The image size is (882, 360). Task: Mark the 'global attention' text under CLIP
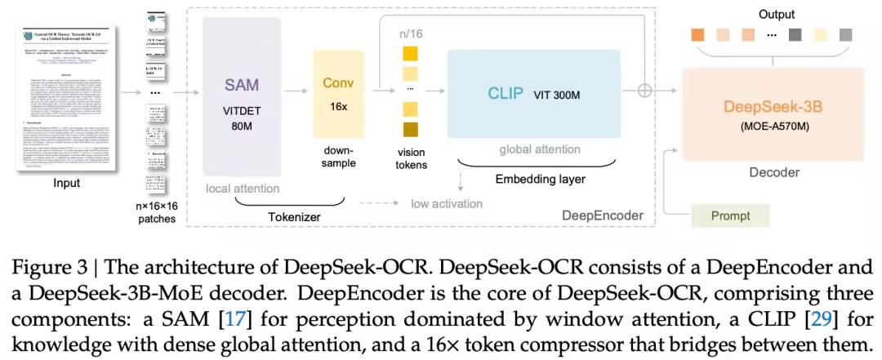pyautogui.click(x=539, y=149)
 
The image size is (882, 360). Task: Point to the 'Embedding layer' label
pyautogui.click(x=541, y=178)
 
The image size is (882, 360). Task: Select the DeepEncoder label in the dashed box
pyautogui.click(x=602, y=215)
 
